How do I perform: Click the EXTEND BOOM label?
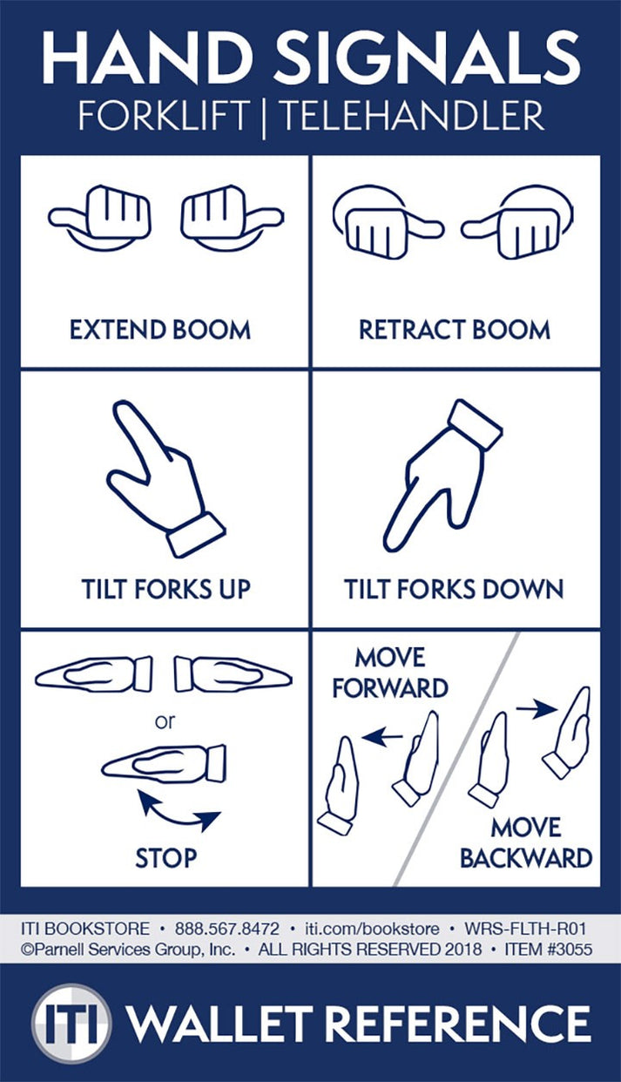click(x=160, y=330)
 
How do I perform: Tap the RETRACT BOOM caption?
click(x=454, y=330)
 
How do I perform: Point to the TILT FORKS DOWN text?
click(x=454, y=589)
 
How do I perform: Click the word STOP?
click(x=165, y=858)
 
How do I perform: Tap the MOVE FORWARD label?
click(x=389, y=673)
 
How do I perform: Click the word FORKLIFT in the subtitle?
click(x=163, y=115)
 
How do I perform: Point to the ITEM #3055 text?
click(x=549, y=950)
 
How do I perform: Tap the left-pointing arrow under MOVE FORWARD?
click(x=382, y=738)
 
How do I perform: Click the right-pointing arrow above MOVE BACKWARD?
click(x=536, y=710)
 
